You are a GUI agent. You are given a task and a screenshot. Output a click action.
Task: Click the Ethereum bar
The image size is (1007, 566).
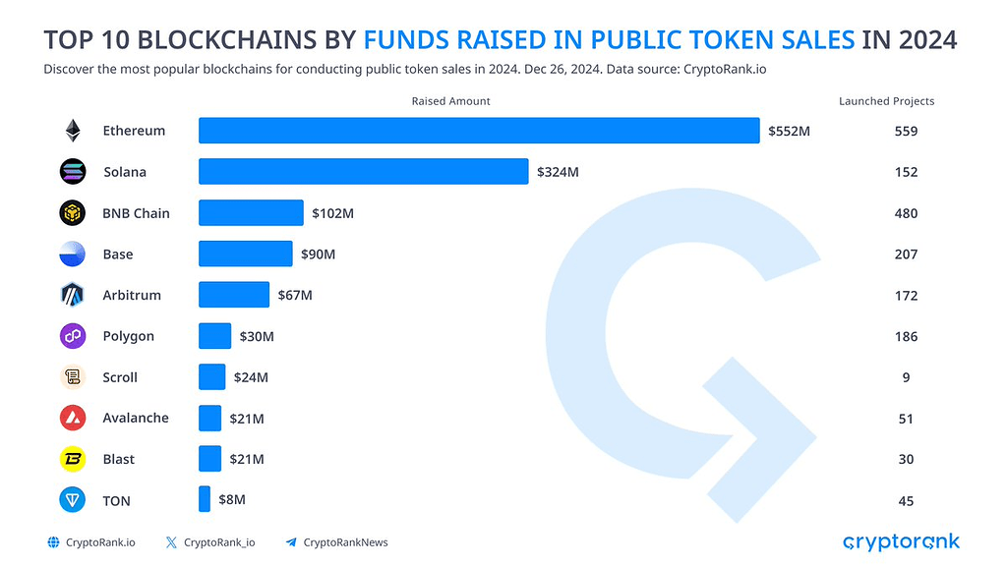tap(479, 131)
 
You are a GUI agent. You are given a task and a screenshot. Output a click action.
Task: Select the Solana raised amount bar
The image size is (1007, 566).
tap(363, 172)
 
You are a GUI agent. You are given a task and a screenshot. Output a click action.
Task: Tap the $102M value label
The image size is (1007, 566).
tap(332, 213)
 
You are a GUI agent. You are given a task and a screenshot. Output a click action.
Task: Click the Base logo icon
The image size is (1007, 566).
tap(73, 255)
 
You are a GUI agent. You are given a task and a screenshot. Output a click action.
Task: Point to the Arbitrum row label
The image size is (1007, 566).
tap(131, 295)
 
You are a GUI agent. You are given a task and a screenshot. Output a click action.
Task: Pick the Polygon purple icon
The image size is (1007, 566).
tap(73, 336)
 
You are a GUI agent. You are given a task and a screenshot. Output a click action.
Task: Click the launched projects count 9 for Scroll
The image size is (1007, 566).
tap(906, 377)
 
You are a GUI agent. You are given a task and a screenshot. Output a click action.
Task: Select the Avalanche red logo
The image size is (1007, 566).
tap(73, 419)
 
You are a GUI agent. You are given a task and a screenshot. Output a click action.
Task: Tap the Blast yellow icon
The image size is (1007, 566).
tap(73, 459)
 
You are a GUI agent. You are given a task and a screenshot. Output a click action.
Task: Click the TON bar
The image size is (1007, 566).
tap(205, 499)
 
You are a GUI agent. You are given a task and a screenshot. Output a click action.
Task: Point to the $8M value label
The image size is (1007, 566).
tap(231, 499)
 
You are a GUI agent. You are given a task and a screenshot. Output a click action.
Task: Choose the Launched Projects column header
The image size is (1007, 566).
tap(886, 101)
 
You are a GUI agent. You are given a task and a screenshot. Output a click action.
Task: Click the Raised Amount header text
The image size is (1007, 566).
tap(450, 101)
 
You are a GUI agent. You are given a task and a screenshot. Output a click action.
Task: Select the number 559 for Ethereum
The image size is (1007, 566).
tap(906, 131)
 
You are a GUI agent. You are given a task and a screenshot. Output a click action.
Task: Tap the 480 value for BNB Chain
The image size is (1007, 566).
tap(906, 213)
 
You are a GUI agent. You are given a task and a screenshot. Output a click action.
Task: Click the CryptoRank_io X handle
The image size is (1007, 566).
tap(219, 542)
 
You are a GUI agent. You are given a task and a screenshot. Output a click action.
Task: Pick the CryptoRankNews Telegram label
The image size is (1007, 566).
tap(345, 542)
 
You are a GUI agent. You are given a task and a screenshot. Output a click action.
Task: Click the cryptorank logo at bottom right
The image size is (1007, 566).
tap(901, 541)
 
